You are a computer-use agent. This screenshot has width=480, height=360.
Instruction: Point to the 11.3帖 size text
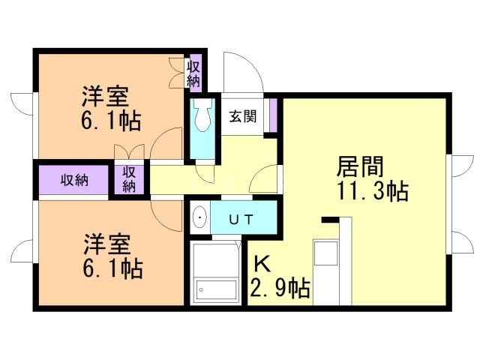tap(371, 192)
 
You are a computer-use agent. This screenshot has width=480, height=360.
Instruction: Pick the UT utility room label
tap(240, 219)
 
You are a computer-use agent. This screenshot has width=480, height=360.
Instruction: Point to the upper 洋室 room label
tap(106, 97)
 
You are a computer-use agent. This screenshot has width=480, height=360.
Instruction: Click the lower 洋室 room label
tap(106, 244)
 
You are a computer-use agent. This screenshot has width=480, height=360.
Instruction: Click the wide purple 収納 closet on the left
tap(74, 180)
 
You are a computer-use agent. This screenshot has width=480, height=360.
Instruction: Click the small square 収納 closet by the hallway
tap(129, 179)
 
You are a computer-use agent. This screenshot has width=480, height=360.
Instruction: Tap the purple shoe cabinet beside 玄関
tap(274, 113)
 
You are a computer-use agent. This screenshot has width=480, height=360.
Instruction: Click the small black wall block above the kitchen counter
tap(327, 220)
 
